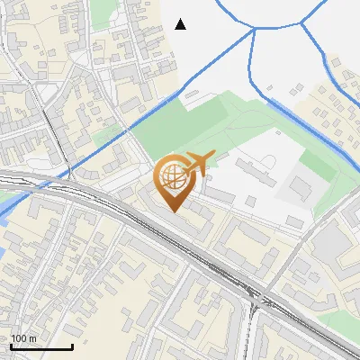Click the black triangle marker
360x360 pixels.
pyautogui.click(x=181, y=24)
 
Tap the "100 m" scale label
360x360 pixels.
pyautogui.click(x=23, y=338)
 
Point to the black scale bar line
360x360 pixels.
pyautogui.click(x=41, y=346)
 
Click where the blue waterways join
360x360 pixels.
pyautogui.click(x=255, y=29)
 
